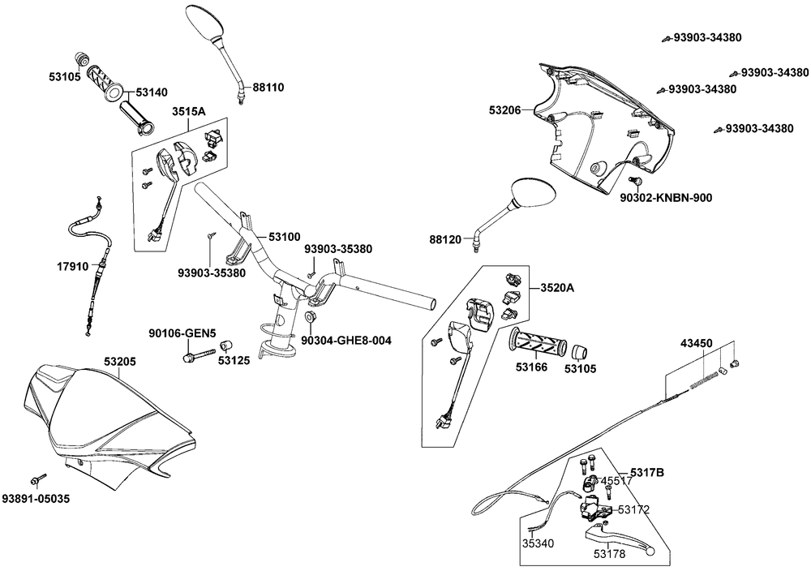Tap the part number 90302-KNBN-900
click(666, 196)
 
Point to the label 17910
click(71, 265)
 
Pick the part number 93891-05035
click(36, 498)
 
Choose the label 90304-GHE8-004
click(346, 341)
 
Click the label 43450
click(696, 344)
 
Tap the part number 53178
click(608, 555)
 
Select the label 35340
click(538, 543)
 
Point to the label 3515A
click(188, 112)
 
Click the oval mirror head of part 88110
click(208, 22)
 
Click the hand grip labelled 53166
click(534, 341)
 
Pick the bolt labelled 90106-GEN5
click(200, 354)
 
